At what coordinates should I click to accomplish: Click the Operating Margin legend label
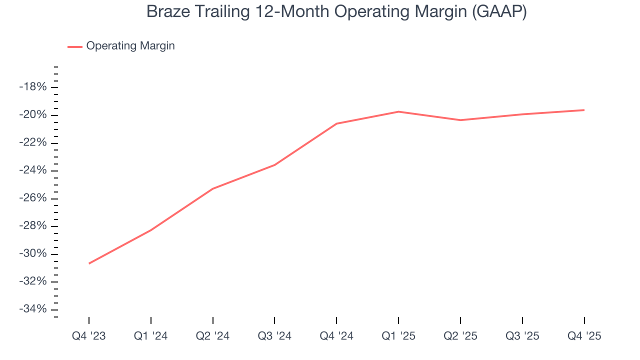coord(130,46)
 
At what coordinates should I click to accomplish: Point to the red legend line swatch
coord(75,46)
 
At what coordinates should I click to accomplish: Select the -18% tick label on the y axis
coord(33,87)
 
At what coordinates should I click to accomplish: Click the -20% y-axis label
coord(33,115)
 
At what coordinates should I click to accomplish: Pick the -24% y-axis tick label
coord(33,170)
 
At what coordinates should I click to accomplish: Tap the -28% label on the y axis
coord(33,226)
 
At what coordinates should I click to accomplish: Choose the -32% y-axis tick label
coord(33,281)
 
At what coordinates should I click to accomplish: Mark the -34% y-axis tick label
coord(33,309)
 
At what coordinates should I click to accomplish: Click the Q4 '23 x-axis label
coord(89,336)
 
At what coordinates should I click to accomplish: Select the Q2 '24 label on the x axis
coord(212,336)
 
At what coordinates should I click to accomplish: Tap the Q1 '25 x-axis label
coord(398,336)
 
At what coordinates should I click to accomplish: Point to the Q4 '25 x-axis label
coord(584,336)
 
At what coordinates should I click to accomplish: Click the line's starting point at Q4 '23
coord(89,263)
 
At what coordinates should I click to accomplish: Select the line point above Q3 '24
coord(274,165)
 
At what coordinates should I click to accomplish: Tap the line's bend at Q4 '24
coord(336,123)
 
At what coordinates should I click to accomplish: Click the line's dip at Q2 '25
coord(460,120)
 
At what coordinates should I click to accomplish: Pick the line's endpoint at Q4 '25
coord(584,110)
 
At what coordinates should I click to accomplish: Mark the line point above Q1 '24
coord(151,230)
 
